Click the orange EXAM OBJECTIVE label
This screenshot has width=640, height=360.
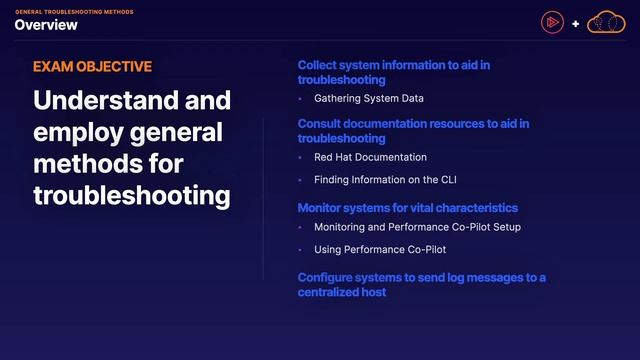92,67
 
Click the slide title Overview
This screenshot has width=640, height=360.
46,25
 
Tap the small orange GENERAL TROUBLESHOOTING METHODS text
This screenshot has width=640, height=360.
73,11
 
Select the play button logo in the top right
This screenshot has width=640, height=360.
552,22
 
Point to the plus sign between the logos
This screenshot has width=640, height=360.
576,23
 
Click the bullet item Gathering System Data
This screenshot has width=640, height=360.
369,99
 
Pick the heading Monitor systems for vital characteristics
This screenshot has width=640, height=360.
408,207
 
